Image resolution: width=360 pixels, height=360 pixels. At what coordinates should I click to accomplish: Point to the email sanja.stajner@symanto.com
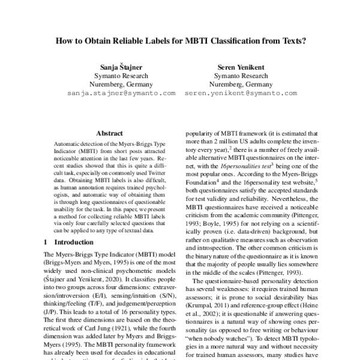point(121,94)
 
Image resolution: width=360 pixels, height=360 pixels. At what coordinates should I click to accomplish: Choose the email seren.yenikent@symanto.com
point(241,94)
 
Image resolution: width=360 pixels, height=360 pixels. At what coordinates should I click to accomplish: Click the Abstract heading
point(109,133)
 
